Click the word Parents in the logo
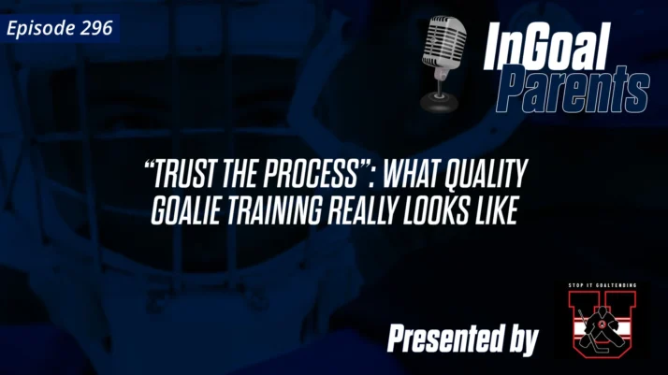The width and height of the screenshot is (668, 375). tap(572, 91)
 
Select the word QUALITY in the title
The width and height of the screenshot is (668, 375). tap(487, 175)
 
